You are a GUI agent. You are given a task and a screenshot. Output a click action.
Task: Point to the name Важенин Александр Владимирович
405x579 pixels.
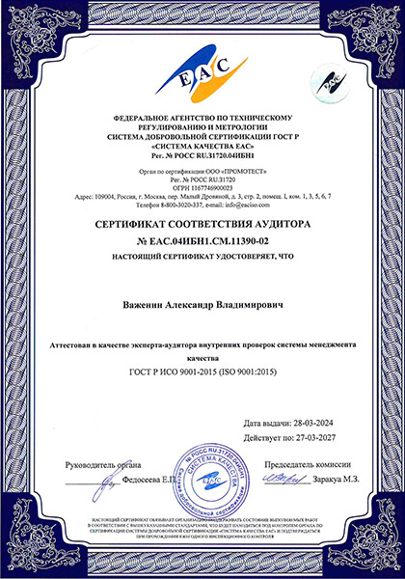coord(202,305)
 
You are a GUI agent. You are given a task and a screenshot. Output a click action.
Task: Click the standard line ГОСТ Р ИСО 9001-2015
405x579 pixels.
coord(202,371)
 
